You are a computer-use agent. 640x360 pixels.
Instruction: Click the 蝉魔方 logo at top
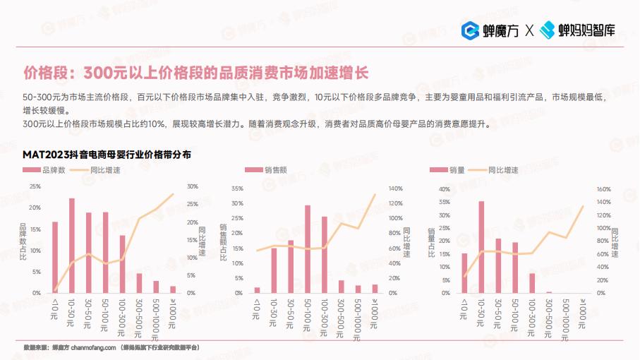[x=490, y=30]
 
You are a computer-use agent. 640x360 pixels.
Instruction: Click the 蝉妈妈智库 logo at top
[x=578, y=30]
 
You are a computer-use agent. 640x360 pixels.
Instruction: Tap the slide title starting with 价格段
[x=195, y=73]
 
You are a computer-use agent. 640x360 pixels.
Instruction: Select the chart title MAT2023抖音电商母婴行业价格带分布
[x=107, y=154]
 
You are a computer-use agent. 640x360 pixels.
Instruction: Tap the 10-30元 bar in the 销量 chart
[x=481, y=246]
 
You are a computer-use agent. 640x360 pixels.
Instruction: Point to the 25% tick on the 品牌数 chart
[x=35, y=186]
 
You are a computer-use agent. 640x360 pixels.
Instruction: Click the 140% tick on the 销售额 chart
[x=395, y=188]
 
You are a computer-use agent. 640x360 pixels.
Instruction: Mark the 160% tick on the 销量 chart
[x=603, y=189]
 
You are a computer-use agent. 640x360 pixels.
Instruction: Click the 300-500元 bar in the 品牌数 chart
[x=139, y=282]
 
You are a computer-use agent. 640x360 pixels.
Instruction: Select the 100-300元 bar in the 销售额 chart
[x=325, y=254]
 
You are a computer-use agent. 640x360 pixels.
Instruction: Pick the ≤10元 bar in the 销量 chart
[x=464, y=272]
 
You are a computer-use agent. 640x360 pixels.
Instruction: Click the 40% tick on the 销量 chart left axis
[x=444, y=189]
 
